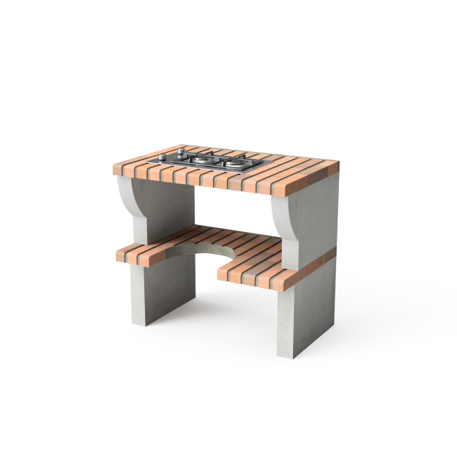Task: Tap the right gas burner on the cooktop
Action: [233, 164]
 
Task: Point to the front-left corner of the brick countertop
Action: [113, 169]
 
